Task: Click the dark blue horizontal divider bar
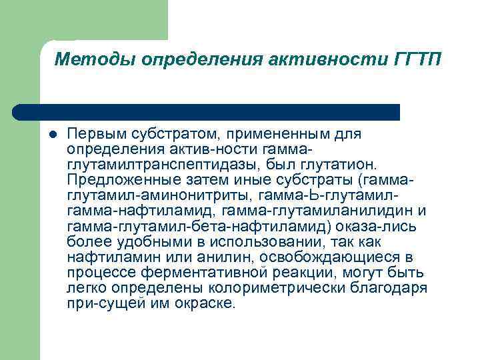coord(207,111)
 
